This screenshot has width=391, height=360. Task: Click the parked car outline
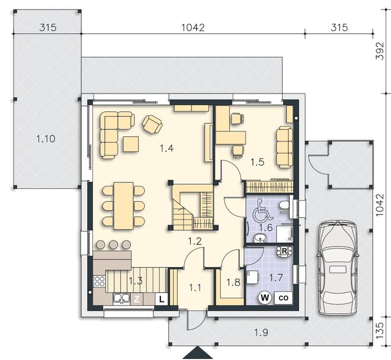(x=338, y=268)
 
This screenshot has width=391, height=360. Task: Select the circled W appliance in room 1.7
(x=265, y=297)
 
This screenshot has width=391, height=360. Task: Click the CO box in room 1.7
(x=283, y=298)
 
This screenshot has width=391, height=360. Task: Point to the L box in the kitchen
(x=162, y=299)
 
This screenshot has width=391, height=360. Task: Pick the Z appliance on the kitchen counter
(x=137, y=299)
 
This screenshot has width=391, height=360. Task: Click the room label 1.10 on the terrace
(x=46, y=139)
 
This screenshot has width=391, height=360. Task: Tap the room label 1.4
(x=166, y=149)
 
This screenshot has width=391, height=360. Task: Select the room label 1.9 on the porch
(x=261, y=332)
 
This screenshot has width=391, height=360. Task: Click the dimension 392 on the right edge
(x=380, y=50)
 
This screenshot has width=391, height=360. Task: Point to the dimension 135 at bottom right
(x=380, y=330)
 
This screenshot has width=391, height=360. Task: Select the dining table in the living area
(x=123, y=206)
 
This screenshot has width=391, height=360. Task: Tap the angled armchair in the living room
(x=152, y=124)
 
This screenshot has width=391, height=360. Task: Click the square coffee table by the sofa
(x=131, y=144)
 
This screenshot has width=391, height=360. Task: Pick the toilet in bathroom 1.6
(x=284, y=205)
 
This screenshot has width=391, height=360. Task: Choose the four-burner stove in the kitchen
(x=100, y=281)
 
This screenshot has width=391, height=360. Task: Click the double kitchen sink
(x=121, y=298)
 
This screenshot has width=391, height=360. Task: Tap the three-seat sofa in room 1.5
(x=284, y=147)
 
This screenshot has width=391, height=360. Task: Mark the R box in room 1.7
(x=284, y=251)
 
